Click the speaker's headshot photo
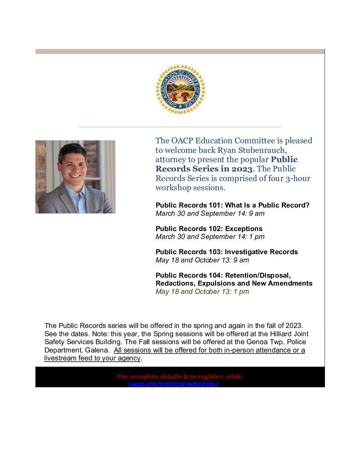click(75, 177)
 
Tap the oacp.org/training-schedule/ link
click(174, 384)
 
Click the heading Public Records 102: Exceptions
click(209, 229)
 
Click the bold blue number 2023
click(242, 169)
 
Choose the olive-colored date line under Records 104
click(202, 292)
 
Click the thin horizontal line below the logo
click(180, 127)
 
